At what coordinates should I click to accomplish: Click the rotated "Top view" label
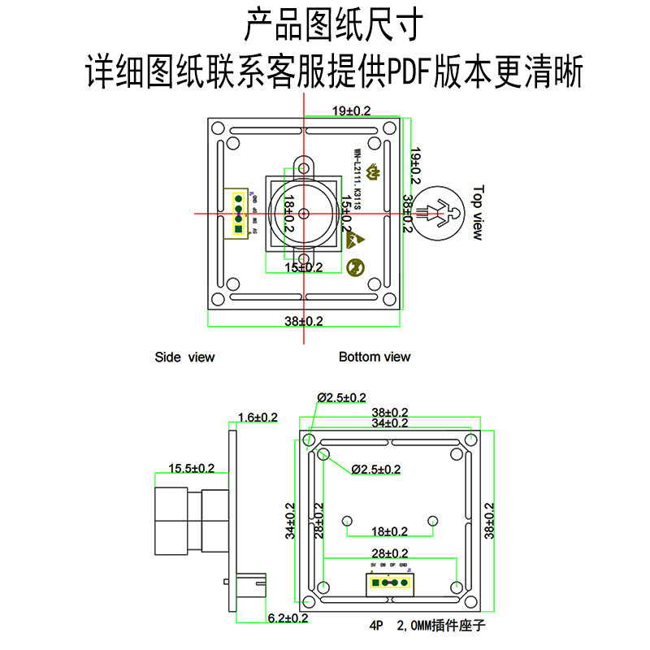click(x=478, y=213)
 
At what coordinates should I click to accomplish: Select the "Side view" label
click(x=184, y=357)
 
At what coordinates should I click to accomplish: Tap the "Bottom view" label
click(x=375, y=357)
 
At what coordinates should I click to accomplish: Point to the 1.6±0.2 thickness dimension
click(x=258, y=418)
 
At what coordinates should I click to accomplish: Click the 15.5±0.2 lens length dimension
click(x=191, y=468)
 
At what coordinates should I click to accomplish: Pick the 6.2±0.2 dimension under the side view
click(x=288, y=618)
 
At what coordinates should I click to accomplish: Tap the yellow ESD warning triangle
click(x=357, y=238)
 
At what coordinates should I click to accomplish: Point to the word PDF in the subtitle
click(x=409, y=73)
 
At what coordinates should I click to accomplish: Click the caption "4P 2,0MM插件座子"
click(x=427, y=626)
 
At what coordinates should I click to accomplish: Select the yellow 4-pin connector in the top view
click(x=239, y=213)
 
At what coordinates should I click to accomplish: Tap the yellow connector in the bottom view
click(x=389, y=582)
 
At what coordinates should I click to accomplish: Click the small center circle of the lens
click(x=303, y=213)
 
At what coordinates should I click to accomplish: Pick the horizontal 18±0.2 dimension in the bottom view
click(x=389, y=531)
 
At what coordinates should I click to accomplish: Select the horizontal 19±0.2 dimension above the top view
click(x=351, y=110)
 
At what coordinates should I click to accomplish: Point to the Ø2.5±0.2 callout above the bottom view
click(x=341, y=397)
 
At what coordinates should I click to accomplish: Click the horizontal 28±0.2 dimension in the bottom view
click(x=389, y=553)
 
